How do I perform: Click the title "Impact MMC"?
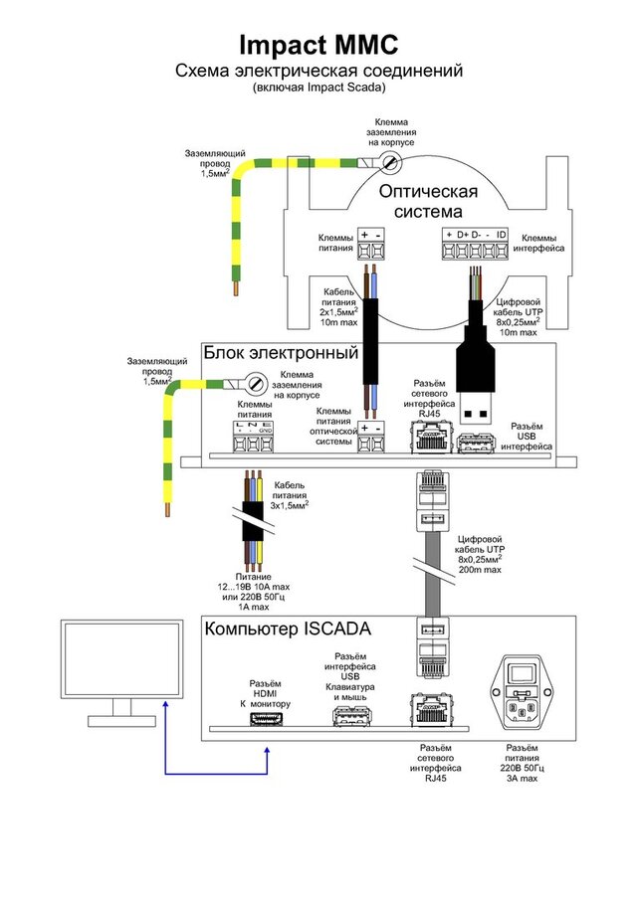pos(318,45)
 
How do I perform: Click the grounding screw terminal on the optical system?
pos(391,162)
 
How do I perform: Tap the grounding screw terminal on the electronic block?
pos(256,382)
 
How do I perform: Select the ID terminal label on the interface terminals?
pos(502,234)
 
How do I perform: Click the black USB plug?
pos(476,376)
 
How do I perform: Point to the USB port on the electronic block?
pos(476,445)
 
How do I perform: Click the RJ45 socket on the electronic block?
pos(430,438)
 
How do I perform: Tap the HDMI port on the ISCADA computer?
pos(267,718)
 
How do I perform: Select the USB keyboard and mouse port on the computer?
pos(350,716)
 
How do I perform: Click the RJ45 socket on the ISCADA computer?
pos(430,709)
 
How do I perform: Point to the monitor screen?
pos(121,659)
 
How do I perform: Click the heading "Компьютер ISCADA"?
pos(288,630)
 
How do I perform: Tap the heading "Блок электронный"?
pos(281,352)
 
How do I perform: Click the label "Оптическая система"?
pos(429,201)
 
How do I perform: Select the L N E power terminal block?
pos(253,438)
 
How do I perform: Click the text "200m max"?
pos(480,570)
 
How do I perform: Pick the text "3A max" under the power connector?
pos(523,779)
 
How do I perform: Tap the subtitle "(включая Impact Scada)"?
pos(318,88)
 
